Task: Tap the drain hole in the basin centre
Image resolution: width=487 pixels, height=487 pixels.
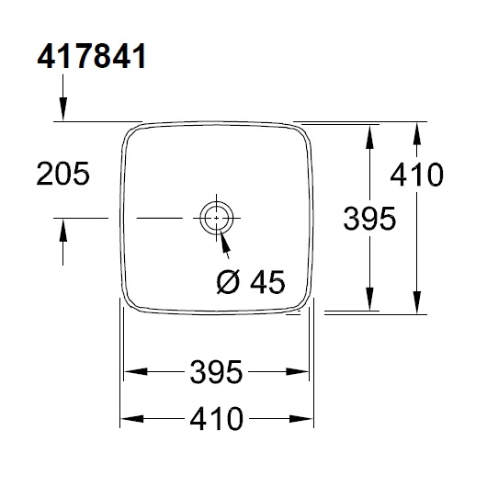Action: pyautogui.click(x=215, y=219)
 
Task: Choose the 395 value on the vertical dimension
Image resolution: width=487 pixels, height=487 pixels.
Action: pyautogui.click(x=368, y=218)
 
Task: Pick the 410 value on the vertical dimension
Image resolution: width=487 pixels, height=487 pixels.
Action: pyautogui.click(x=416, y=173)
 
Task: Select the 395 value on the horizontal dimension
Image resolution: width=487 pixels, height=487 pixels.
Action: pyautogui.click(x=217, y=372)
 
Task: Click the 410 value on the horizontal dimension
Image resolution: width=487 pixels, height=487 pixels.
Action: pyautogui.click(x=217, y=419)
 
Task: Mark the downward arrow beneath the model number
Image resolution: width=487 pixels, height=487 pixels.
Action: pyautogui.click(x=62, y=108)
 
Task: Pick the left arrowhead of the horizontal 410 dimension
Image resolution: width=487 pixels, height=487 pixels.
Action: pyautogui.click(x=130, y=419)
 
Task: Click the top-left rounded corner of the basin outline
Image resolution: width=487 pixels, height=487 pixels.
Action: pyautogui.click(x=131, y=132)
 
